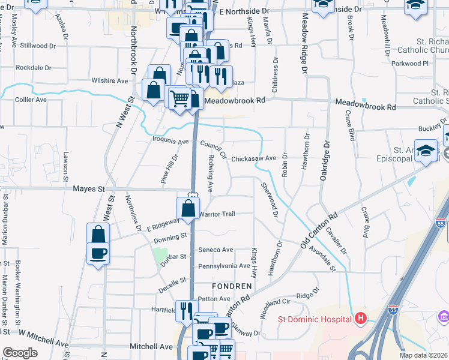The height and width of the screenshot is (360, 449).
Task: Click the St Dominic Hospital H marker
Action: coord(361,318)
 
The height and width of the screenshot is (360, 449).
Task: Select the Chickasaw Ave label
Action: coord(253,158)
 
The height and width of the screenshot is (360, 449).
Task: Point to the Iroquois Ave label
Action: coord(172,142)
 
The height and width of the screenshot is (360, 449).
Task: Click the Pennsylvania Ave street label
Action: coord(223,265)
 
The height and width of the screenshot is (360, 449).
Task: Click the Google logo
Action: coord(20,353)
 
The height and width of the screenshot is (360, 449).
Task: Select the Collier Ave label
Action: coord(31,100)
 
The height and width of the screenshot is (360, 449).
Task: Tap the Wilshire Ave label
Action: coord(109,80)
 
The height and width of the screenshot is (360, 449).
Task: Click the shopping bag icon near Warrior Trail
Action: coord(188,208)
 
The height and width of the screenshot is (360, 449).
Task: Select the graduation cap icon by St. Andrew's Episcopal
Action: coord(426,150)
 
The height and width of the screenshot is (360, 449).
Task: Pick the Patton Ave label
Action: coord(217,298)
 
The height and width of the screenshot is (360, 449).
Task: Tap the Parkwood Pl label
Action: coord(410,63)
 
